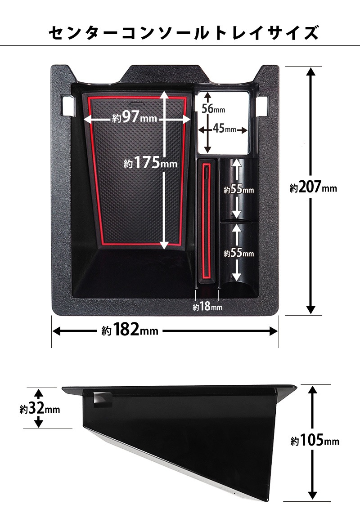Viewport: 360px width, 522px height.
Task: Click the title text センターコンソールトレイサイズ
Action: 184,33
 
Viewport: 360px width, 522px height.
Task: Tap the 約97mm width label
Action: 135,117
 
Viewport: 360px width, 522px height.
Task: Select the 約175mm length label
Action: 150,163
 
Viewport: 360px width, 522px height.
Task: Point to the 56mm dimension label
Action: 213,108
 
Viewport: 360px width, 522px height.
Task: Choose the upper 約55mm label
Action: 238,189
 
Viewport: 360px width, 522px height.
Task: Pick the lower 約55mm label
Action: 238,253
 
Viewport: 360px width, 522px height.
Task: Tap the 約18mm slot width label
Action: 207,307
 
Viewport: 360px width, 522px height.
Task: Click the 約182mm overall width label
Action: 130,330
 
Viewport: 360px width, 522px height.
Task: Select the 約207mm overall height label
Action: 313,187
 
